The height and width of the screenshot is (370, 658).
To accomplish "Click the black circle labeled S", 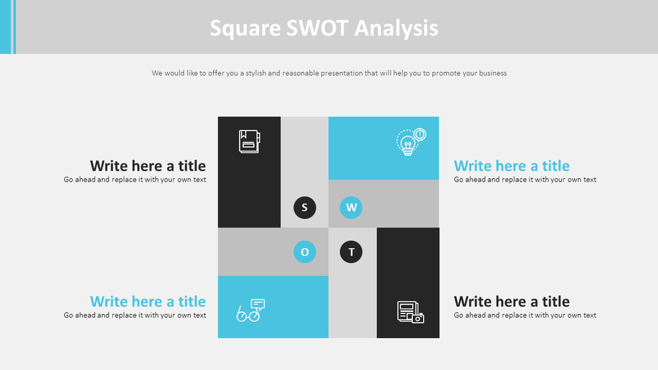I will click(304, 208).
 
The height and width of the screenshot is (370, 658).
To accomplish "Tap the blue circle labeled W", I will click(351, 208).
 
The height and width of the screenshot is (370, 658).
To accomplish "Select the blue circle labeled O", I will click(304, 252).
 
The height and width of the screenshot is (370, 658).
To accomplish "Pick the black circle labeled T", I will click(351, 252).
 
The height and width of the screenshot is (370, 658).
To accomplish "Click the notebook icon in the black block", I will click(249, 142).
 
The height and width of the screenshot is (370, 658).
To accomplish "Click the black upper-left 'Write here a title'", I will click(148, 166).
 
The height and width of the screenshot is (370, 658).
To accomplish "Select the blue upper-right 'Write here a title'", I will click(511, 166).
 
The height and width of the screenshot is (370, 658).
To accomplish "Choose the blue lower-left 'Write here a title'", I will click(148, 301).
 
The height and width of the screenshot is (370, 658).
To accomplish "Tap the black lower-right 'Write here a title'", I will click(511, 301).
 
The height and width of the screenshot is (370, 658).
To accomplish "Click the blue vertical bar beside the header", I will click(6, 27).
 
